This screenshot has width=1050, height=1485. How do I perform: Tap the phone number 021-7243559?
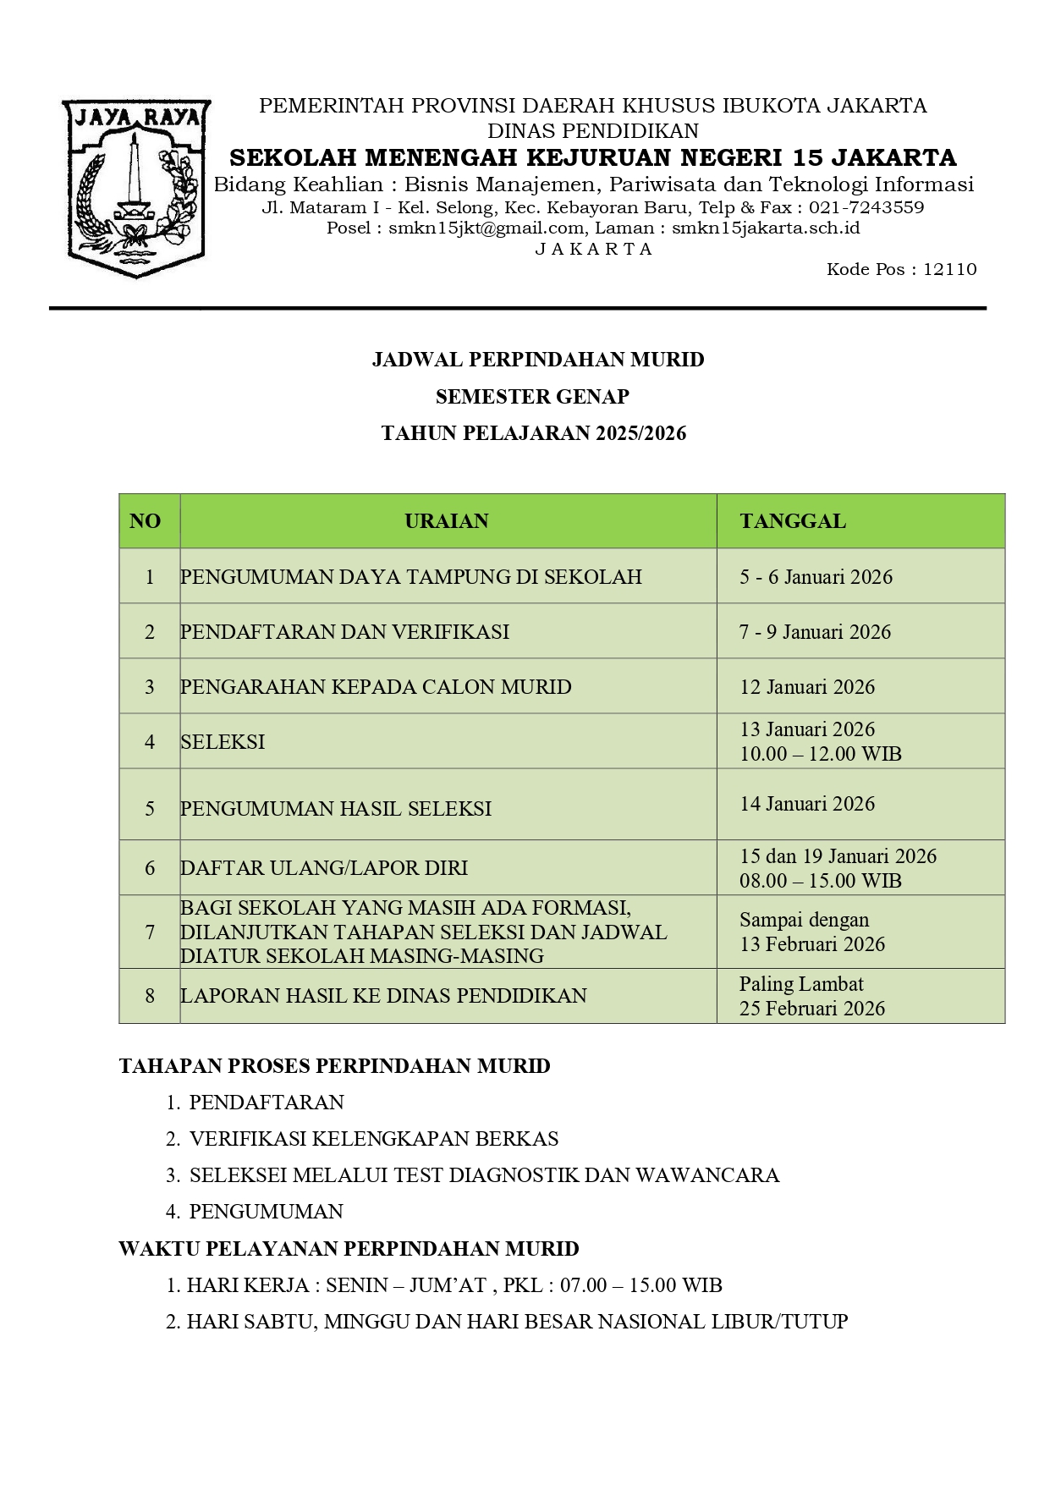866,208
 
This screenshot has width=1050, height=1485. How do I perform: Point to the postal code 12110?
949,270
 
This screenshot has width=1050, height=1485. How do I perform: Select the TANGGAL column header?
793,521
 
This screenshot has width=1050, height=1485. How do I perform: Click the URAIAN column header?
447,521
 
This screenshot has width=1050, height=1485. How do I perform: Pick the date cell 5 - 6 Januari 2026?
816,577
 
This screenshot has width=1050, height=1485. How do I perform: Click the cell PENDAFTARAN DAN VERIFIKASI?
344,632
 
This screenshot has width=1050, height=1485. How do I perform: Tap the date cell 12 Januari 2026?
807,687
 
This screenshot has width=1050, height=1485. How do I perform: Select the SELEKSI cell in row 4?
223,742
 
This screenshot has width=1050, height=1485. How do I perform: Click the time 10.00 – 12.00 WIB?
820,754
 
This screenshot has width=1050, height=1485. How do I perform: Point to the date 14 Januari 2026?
807,804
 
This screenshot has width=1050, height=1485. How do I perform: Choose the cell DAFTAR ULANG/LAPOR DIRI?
323,868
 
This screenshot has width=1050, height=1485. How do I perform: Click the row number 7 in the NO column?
150,932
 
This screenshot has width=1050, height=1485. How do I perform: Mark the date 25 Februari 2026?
812,1009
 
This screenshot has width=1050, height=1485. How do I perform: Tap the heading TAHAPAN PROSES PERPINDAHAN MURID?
334,1066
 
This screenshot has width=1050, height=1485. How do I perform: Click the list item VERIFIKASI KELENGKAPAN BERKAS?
374,1139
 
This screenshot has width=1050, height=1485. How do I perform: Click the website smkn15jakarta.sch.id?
766,228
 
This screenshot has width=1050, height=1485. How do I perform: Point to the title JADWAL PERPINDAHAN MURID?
538,360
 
